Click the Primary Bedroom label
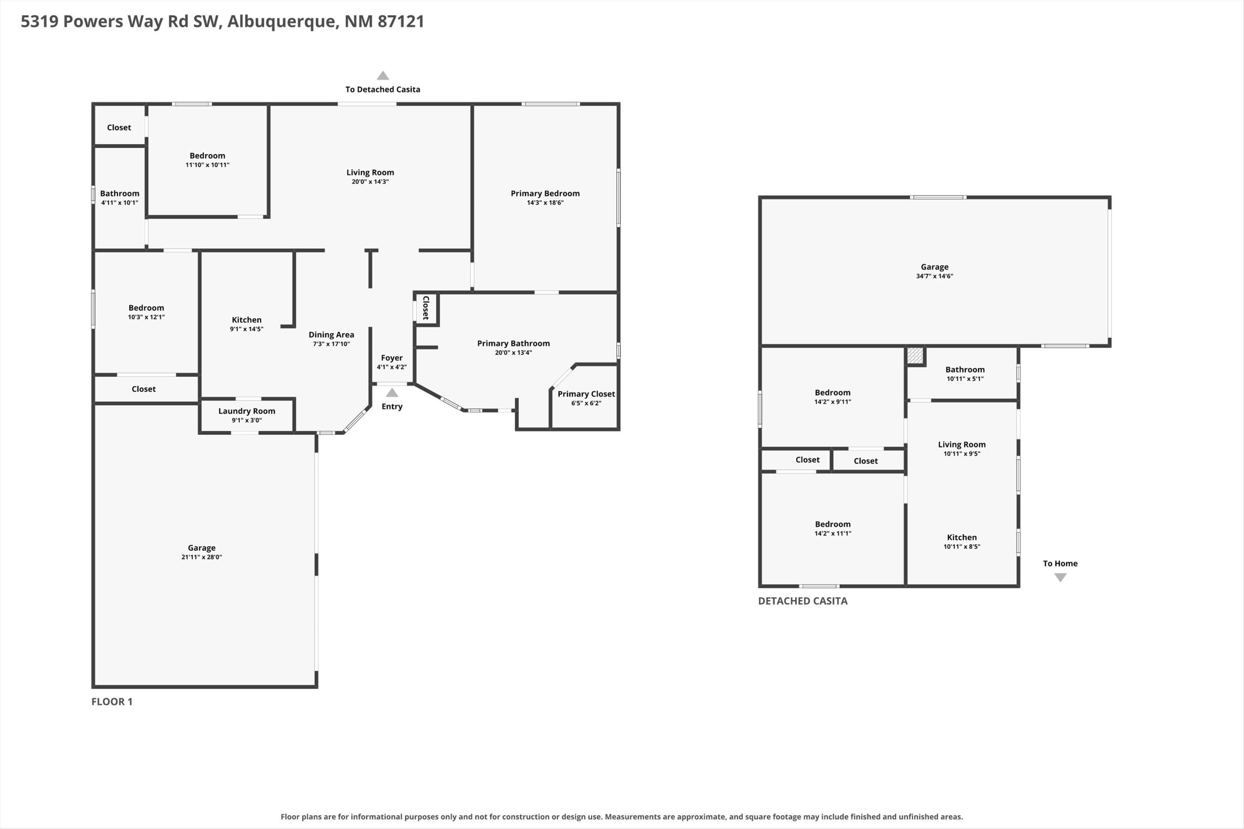pyautogui.click(x=545, y=194)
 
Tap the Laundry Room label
pyautogui.click(x=246, y=411)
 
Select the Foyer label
pyautogui.click(x=391, y=358)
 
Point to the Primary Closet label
pyautogui.click(x=586, y=394)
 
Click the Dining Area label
pyautogui.click(x=331, y=335)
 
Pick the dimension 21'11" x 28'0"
pyautogui.click(x=202, y=557)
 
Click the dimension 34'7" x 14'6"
pyautogui.click(x=935, y=276)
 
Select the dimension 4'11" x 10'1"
pyautogui.click(x=119, y=203)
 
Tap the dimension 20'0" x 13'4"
pyautogui.click(x=513, y=353)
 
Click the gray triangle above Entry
pyautogui.click(x=392, y=393)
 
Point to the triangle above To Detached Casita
pyautogui.click(x=383, y=75)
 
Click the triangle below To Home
pyautogui.click(x=1060, y=578)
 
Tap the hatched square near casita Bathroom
pyautogui.click(x=915, y=355)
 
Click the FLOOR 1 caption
pyautogui.click(x=112, y=702)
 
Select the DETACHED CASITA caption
pyautogui.click(x=802, y=601)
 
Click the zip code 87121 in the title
pyautogui.click(x=401, y=21)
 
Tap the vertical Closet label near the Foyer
pyautogui.click(x=426, y=308)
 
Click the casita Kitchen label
pyautogui.click(x=962, y=537)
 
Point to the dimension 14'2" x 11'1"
pyautogui.click(x=833, y=533)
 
